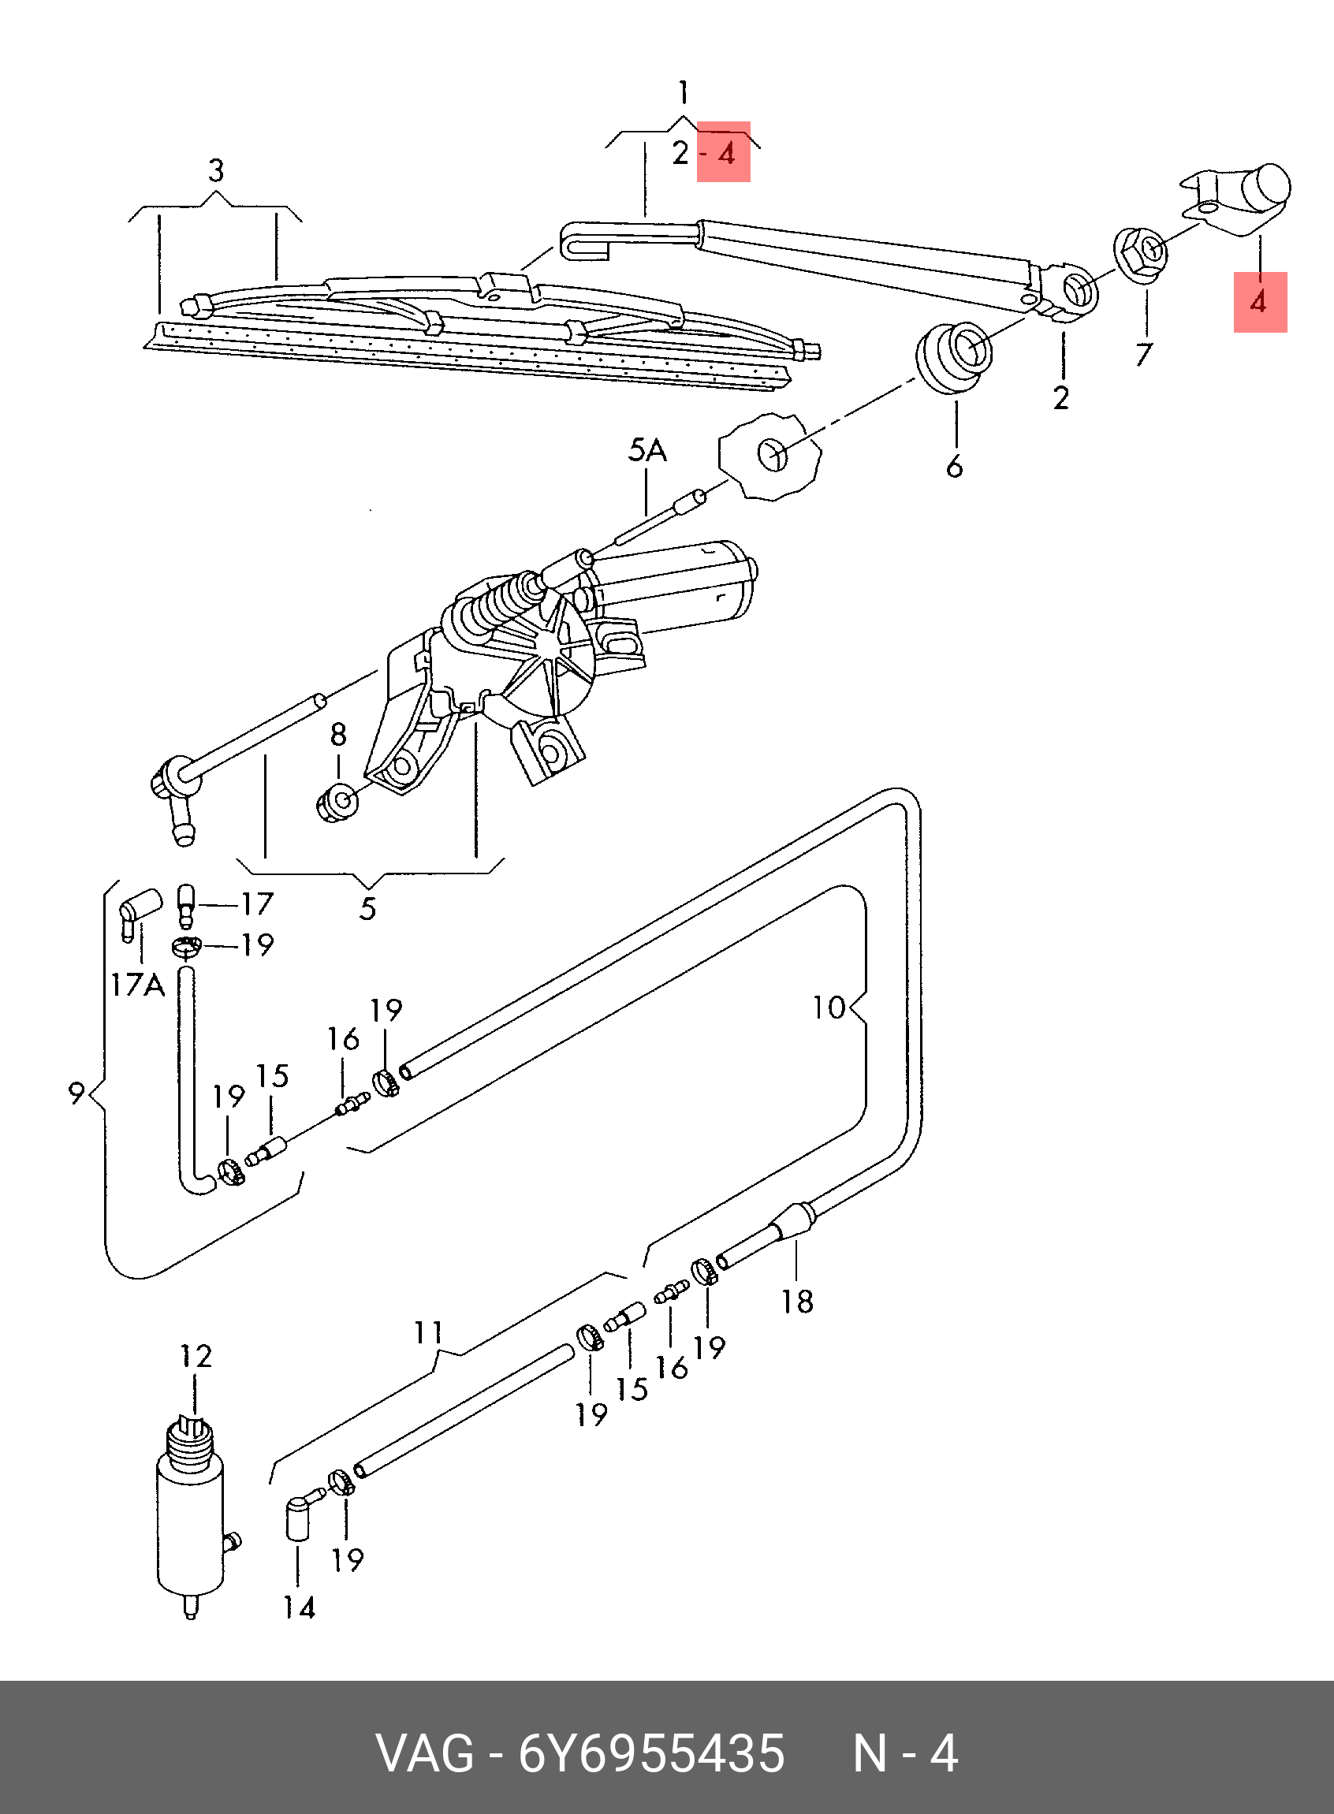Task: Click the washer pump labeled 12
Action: point(191,1518)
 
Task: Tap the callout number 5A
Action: point(647,450)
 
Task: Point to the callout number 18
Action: point(797,1302)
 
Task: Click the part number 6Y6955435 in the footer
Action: point(651,1754)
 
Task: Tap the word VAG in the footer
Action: point(426,1754)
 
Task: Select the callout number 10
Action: point(829,1007)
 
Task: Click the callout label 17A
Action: point(137,985)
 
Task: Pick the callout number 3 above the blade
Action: point(215,170)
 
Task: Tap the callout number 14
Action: point(299,1608)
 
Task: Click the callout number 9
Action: point(76,1093)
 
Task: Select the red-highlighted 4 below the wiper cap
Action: point(1258,303)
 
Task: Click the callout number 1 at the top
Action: point(683,93)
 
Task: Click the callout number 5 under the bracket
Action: point(368,908)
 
